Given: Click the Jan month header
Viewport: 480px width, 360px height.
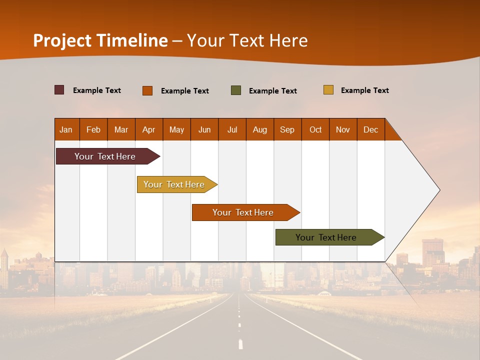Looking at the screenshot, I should click(66, 129).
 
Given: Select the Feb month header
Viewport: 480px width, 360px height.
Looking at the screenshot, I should click(93, 129).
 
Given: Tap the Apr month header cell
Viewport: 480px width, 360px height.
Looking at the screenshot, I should click(149, 129).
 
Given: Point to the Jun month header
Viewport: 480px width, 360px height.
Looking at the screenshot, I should click(204, 129).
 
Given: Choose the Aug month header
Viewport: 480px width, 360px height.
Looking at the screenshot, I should click(260, 129).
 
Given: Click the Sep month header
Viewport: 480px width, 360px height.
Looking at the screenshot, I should click(287, 129).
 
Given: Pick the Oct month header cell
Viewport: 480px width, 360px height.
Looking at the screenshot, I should click(315, 129).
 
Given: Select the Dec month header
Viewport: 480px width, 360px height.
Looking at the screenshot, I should click(371, 129).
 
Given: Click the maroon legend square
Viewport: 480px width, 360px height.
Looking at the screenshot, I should click(59, 90).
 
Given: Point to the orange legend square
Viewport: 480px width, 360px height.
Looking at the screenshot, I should click(147, 90).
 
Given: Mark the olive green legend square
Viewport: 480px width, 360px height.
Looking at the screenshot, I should click(236, 90).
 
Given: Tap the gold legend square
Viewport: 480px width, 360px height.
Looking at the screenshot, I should click(328, 90).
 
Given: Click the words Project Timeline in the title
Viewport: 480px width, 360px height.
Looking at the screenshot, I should click(100, 40).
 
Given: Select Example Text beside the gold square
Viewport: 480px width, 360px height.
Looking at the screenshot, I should click(364, 90).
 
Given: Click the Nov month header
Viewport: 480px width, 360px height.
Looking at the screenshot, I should click(343, 129).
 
